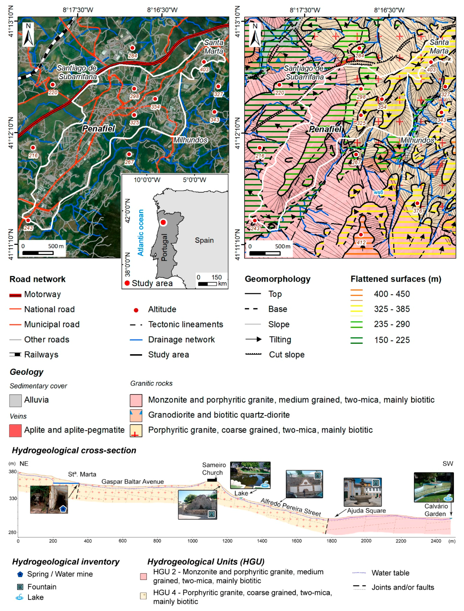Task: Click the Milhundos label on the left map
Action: click(x=190, y=140)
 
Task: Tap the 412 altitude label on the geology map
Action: click(x=361, y=243)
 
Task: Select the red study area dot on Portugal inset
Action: click(x=163, y=222)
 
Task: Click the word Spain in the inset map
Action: click(x=204, y=240)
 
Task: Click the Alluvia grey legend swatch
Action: click(x=15, y=401)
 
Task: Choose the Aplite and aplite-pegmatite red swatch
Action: click(x=15, y=431)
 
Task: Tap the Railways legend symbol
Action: click(x=15, y=354)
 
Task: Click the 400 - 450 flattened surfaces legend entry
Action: click(x=391, y=294)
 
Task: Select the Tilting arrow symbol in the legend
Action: click(x=253, y=339)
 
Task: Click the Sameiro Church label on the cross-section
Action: click(x=214, y=469)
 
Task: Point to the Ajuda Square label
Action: click(x=366, y=510)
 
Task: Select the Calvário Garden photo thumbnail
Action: click(x=434, y=487)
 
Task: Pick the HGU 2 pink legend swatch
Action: click(x=143, y=576)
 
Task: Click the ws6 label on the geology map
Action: click(x=378, y=192)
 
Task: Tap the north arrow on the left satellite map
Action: click(x=28, y=35)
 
